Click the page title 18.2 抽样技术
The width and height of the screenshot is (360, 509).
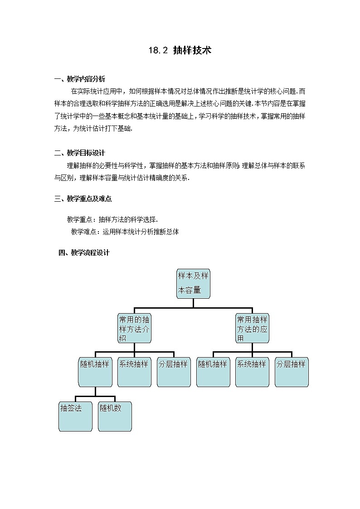pyautogui.click(x=180, y=50)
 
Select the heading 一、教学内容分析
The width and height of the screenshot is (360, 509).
pyautogui.click(x=79, y=79)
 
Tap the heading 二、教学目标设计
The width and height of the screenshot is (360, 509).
pyautogui.click(x=79, y=153)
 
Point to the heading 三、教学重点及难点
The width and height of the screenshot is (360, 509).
pyautogui.click(x=83, y=198)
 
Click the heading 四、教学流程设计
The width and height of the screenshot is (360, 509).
pyautogui.click(x=84, y=252)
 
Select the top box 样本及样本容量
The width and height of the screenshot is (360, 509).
pyautogui.click(x=193, y=284)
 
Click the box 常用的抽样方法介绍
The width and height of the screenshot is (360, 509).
pyautogui.click(x=134, y=328)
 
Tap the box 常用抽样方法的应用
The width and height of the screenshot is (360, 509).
pyautogui.click(x=252, y=328)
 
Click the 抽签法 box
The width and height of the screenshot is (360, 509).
pyautogui.click(x=75, y=416)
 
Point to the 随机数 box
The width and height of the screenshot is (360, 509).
pyautogui.click(x=115, y=416)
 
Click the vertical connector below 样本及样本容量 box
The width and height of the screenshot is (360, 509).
pyautogui.click(x=193, y=303)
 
